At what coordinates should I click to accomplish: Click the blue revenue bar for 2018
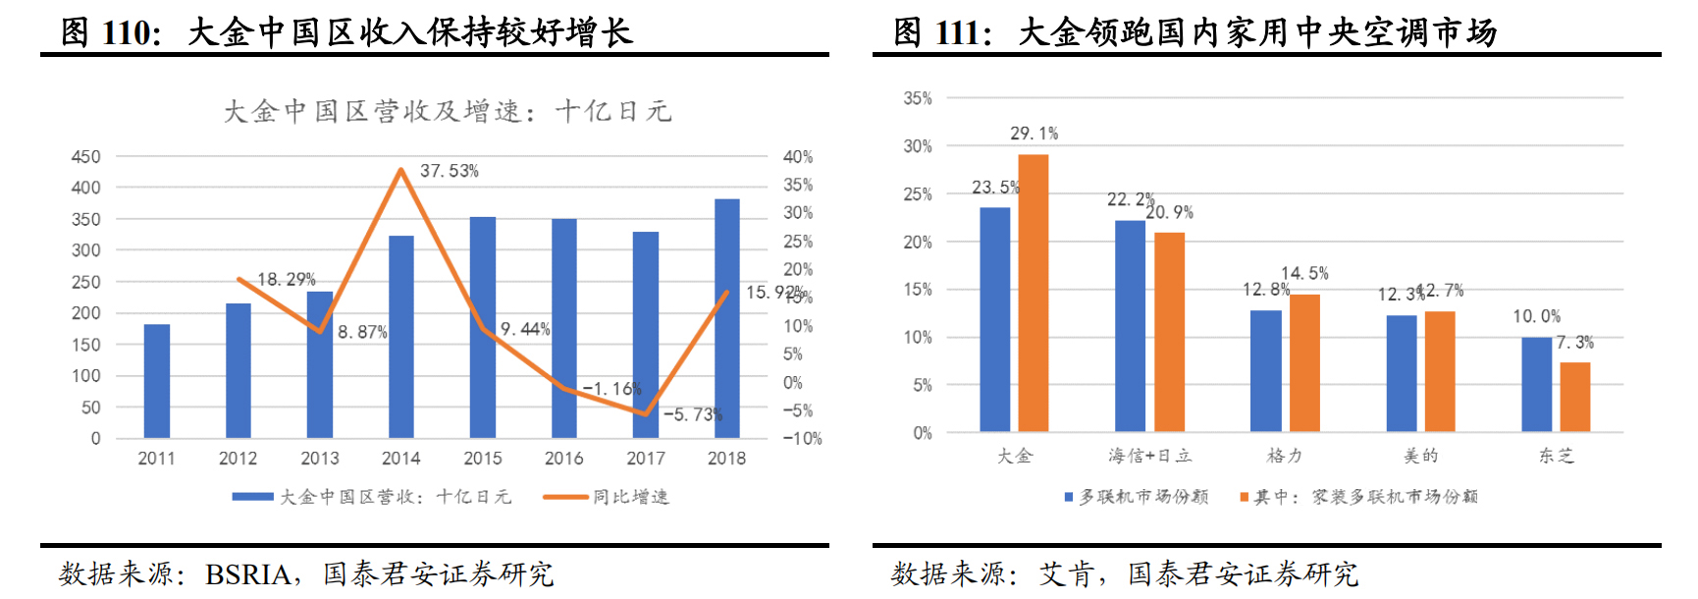click(x=726, y=318)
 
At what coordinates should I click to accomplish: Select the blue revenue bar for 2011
click(x=157, y=381)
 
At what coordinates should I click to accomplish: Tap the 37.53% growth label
click(x=449, y=171)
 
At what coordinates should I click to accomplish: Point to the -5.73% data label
click(x=692, y=414)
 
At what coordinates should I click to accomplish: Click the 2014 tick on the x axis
click(x=400, y=459)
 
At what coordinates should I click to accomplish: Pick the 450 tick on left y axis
click(x=86, y=157)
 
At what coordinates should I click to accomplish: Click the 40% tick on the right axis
click(x=797, y=157)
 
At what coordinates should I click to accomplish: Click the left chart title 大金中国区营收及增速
click(x=447, y=111)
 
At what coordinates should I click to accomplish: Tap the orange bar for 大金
click(x=1033, y=293)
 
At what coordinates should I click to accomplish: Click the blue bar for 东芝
click(x=1536, y=384)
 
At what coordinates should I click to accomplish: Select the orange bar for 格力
click(x=1304, y=362)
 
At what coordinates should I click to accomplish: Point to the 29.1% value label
click(x=1034, y=134)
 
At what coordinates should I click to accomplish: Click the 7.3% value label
click(x=1574, y=343)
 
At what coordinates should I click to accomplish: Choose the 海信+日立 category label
click(x=1149, y=456)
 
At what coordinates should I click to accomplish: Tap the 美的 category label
click(x=1420, y=456)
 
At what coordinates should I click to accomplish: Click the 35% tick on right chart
click(x=917, y=98)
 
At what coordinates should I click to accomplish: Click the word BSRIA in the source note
click(x=247, y=573)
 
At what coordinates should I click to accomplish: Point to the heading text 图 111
click(x=941, y=32)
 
